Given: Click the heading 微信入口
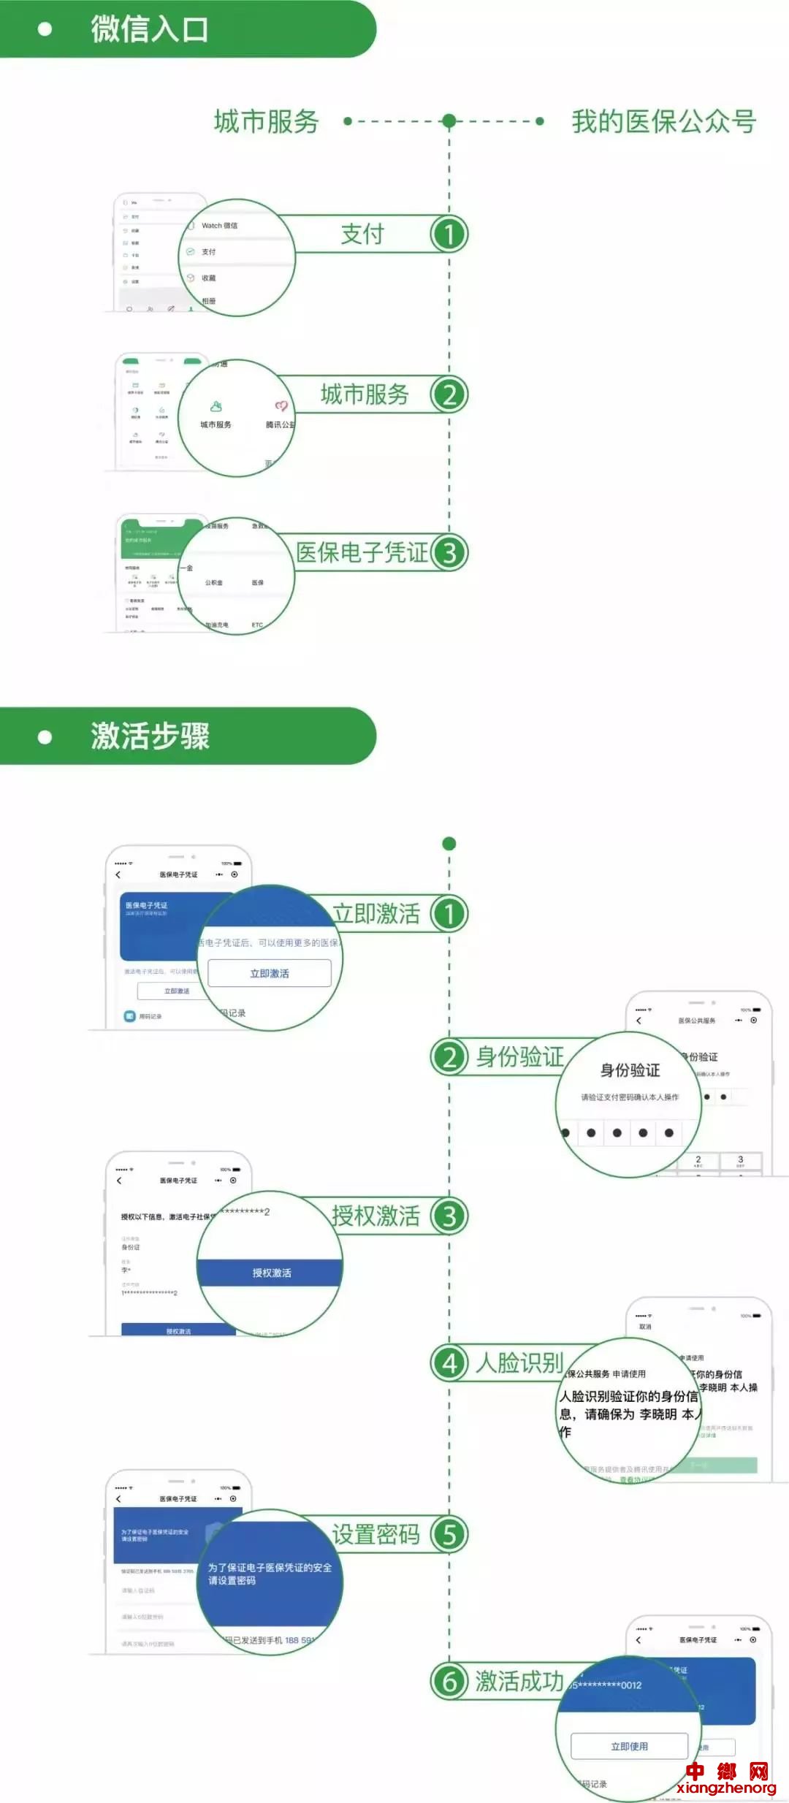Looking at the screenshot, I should tap(150, 29).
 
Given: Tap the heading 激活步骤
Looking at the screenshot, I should tap(150, 736).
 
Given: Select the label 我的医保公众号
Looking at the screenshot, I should tap(663, 121).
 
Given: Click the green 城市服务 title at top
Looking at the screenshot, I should tap(267, 121).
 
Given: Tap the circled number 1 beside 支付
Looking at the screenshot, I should tap(449, 235).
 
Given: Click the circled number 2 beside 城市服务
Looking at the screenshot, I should tap(449, 395).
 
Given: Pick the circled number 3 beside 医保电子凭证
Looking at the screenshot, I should tap(449, 553).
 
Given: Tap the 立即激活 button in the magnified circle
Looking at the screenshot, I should tap(270, 973).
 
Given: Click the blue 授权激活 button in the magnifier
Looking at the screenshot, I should tap(271, 1273).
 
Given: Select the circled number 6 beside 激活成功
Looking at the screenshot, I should tap(449, 1681).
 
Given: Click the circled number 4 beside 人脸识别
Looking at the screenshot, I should tap(449, 1363).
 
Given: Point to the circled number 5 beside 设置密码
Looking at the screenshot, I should tap(449, 1534).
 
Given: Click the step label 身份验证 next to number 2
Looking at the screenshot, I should tap(519, 1056).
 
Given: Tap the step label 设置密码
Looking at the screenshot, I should tap(376, 1534).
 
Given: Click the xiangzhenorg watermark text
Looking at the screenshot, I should tap(726, 1788).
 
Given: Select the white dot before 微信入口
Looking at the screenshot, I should tap(45, 29).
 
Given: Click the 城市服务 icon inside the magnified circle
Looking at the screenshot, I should tap(216, 407).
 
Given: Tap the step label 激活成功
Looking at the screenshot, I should tap(519, 1681).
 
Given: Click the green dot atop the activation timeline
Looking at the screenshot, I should tap(449, 844).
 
